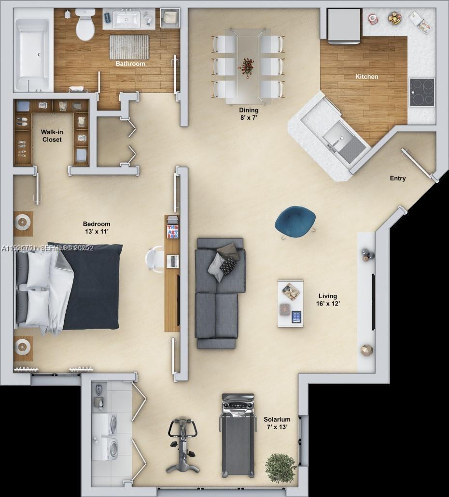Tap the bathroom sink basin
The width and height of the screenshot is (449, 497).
pos(126,21)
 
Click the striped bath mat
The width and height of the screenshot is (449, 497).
pos(129,47)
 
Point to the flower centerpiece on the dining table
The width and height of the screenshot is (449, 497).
pos(247,67)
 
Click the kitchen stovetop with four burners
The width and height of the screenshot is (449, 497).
pos(422,92)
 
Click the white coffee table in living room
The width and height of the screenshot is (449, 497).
pos(291,304)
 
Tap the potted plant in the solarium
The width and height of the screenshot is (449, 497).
pos(281,468)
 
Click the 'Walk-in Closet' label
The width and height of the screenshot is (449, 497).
pos(51,136)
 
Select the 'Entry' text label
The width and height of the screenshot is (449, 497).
pos(397,179)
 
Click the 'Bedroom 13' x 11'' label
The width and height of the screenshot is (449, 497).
pos(97,228)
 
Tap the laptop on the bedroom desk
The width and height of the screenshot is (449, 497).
pos(172,261)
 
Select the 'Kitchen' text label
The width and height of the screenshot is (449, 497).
pos(367,77)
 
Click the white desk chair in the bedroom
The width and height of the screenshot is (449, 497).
pos(155,259)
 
